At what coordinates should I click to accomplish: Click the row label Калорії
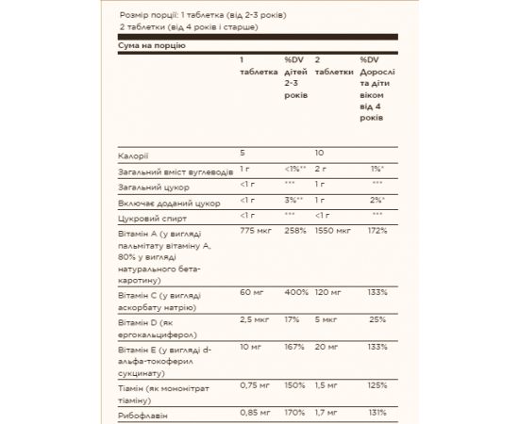pos(134,153)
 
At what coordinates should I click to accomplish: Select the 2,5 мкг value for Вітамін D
pos(255,320)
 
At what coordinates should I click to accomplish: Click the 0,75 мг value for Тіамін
pos(256,385)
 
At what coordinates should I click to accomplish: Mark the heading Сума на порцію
pos(151,45)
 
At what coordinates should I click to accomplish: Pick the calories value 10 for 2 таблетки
pos(320,153)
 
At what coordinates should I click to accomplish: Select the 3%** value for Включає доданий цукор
pos(296,202)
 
